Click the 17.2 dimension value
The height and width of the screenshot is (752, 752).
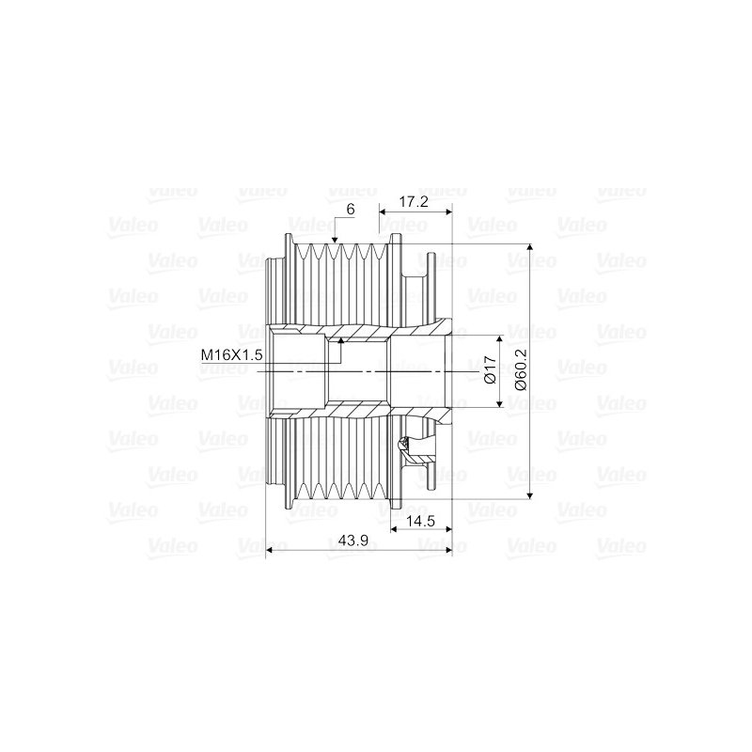click(414, 201)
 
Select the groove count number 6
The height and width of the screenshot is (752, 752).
click(351, 209)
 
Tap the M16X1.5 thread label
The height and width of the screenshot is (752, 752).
click(231, 355)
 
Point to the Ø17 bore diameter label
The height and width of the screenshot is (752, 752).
click(490, 369)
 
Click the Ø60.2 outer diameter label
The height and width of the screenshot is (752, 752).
click(521, 369)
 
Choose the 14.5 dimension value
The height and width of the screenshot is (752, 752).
click(420, 521)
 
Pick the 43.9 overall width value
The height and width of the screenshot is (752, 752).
click(353, 540)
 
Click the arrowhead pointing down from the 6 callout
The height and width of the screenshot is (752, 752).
click(335, 239)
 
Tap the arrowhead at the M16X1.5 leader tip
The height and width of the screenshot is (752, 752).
click(340, 340)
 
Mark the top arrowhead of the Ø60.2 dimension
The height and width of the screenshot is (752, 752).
click(529, 248)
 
